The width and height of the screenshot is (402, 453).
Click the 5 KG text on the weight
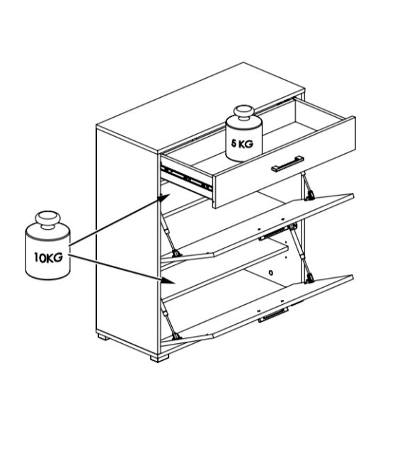pos(242,143)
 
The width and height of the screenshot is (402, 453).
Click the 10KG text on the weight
pos(48,257)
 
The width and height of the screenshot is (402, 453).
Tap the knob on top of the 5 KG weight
pos(244,113)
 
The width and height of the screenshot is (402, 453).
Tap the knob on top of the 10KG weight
pos(47,220)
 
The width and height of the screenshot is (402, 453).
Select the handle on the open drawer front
pos(287,164)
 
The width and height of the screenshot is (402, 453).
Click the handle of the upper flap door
pos(273,234)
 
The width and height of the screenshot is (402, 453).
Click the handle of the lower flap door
pos(273,314)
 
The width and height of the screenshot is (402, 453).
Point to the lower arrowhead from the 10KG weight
pos(168,280)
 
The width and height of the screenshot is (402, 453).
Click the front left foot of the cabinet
pos(159,358)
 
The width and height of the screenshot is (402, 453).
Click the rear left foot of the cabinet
pos(102,336)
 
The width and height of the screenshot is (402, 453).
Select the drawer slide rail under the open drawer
pos(186,178)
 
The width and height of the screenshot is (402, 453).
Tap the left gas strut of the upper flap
pos(170,236)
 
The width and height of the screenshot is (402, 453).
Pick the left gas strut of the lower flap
pos(170,320)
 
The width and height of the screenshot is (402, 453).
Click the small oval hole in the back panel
pos(270,272)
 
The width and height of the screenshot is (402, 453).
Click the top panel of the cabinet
pos(200,108)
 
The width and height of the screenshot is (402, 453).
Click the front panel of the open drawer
pos(284,162)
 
